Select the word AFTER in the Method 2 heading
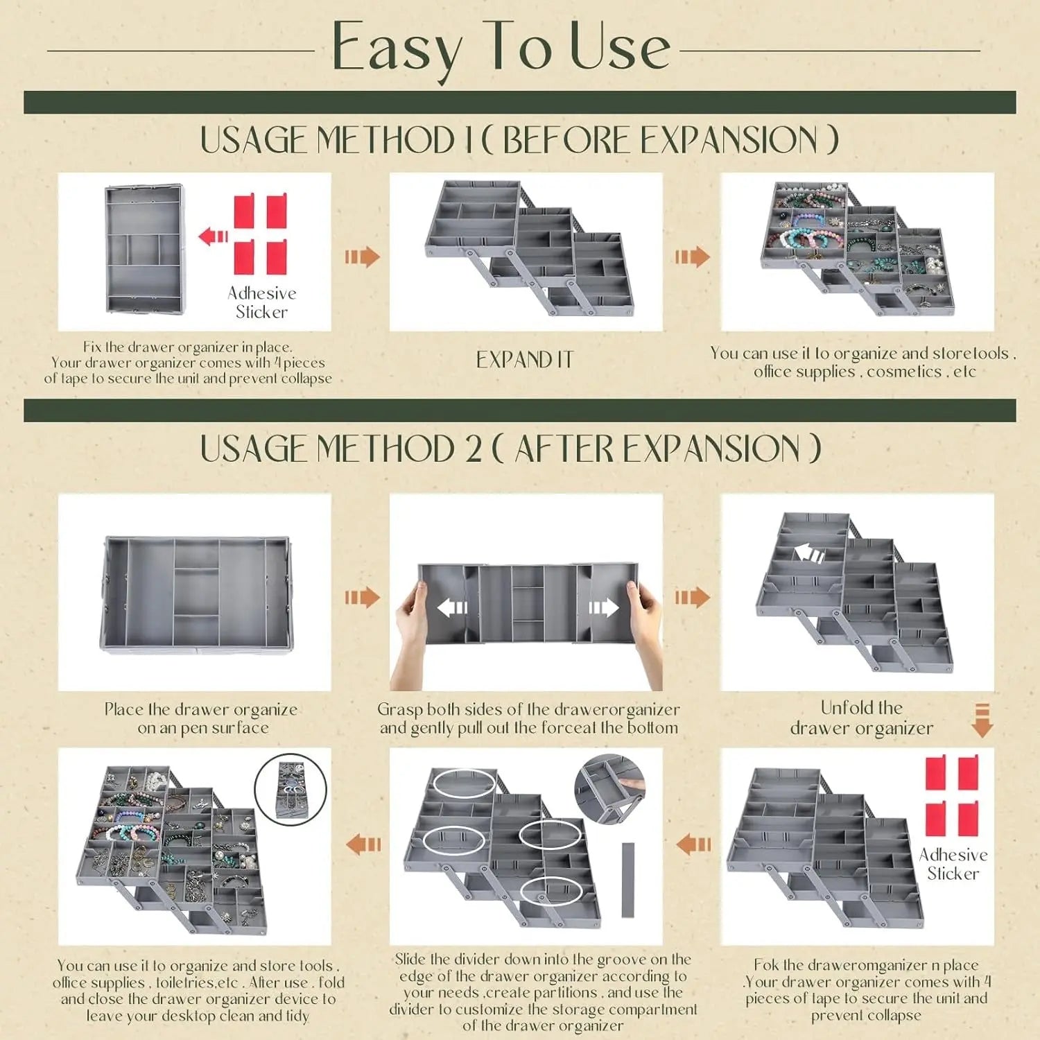pyautogui.click(x=564, y=449)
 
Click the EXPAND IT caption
pyautogui.click(x=525, y=360)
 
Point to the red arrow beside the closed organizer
pyautogui.click(x=213, y=236)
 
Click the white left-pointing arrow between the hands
pyautogui.click(x=453, y=608)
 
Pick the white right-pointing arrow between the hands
pyautogui.click(x=603, y=608)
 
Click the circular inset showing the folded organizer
pyautogui.click(x=290, y=790)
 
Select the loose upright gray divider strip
pyautogui.click(x=628, y=880)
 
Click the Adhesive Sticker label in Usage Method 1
pyautogui.click(x=261, y=302)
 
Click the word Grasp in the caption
pyautogui.click(x=399, y=709)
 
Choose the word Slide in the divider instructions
pyautogui.click(x=410, y=960)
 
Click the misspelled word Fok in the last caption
pyautogui.click(x=766, y=965)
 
